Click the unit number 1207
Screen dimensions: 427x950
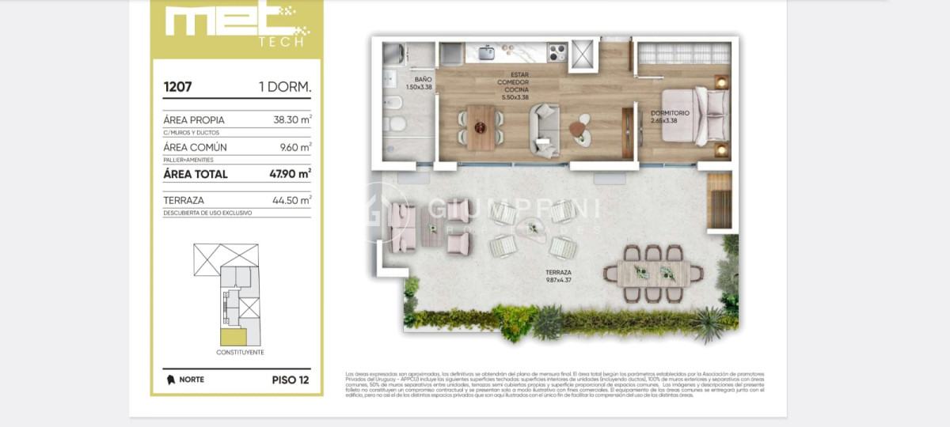click(x=177, y=86)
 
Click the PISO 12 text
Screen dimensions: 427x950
click(x=290, y=380)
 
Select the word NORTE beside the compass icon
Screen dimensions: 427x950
click(x=192, y=380)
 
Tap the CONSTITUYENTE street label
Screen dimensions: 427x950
click(x=240, y=352)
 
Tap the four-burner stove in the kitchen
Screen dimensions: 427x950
click(x=557, y=53)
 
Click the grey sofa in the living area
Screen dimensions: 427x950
click(x=545, y=130)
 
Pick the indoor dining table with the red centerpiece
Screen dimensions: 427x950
click(x=481, y=127)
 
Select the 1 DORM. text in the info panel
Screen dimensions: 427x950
click(x=284, y=86)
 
